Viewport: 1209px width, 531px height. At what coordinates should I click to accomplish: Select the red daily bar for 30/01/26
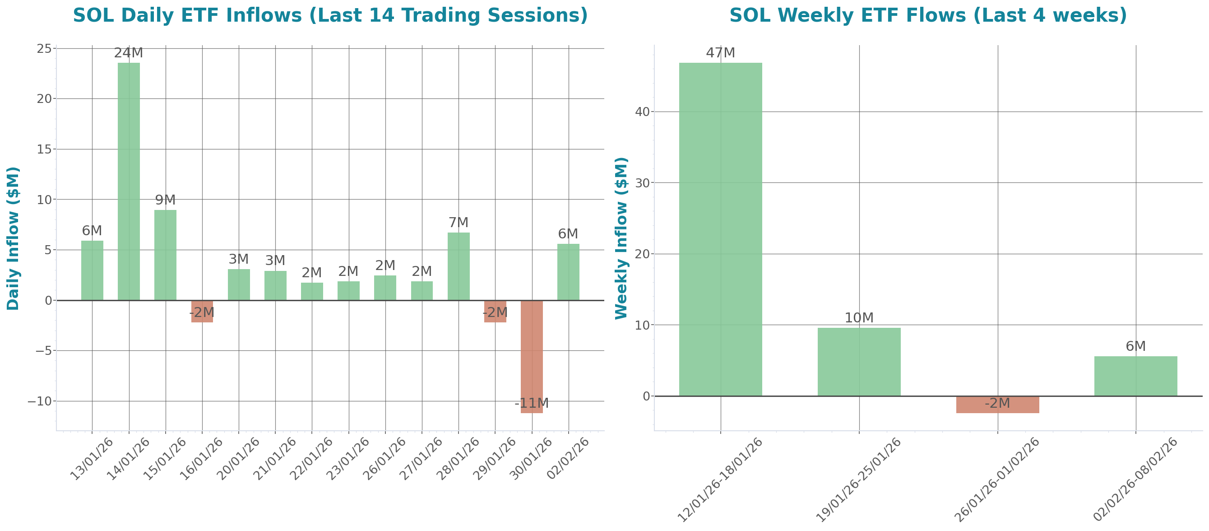[532, 357]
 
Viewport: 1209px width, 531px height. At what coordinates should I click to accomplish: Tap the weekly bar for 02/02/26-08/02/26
[1135, 376]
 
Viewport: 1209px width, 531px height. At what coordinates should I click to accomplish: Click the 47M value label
[720, 53]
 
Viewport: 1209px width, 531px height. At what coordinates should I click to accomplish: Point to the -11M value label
[531, 403]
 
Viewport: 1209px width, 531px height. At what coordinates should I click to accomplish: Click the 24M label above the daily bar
[129, 53]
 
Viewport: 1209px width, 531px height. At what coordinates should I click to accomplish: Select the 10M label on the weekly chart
[859, 318]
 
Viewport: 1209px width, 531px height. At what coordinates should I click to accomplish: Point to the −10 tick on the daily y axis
[39, 401]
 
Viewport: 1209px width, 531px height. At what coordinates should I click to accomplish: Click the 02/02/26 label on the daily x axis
[568, 458]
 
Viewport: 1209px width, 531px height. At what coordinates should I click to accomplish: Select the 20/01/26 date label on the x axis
[238, 458]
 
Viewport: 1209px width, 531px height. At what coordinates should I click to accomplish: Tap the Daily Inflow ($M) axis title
[13, 238]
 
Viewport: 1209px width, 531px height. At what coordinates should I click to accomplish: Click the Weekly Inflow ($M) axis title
[621, 238]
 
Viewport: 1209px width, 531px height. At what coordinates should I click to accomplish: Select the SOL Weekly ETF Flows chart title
[928, 15]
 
